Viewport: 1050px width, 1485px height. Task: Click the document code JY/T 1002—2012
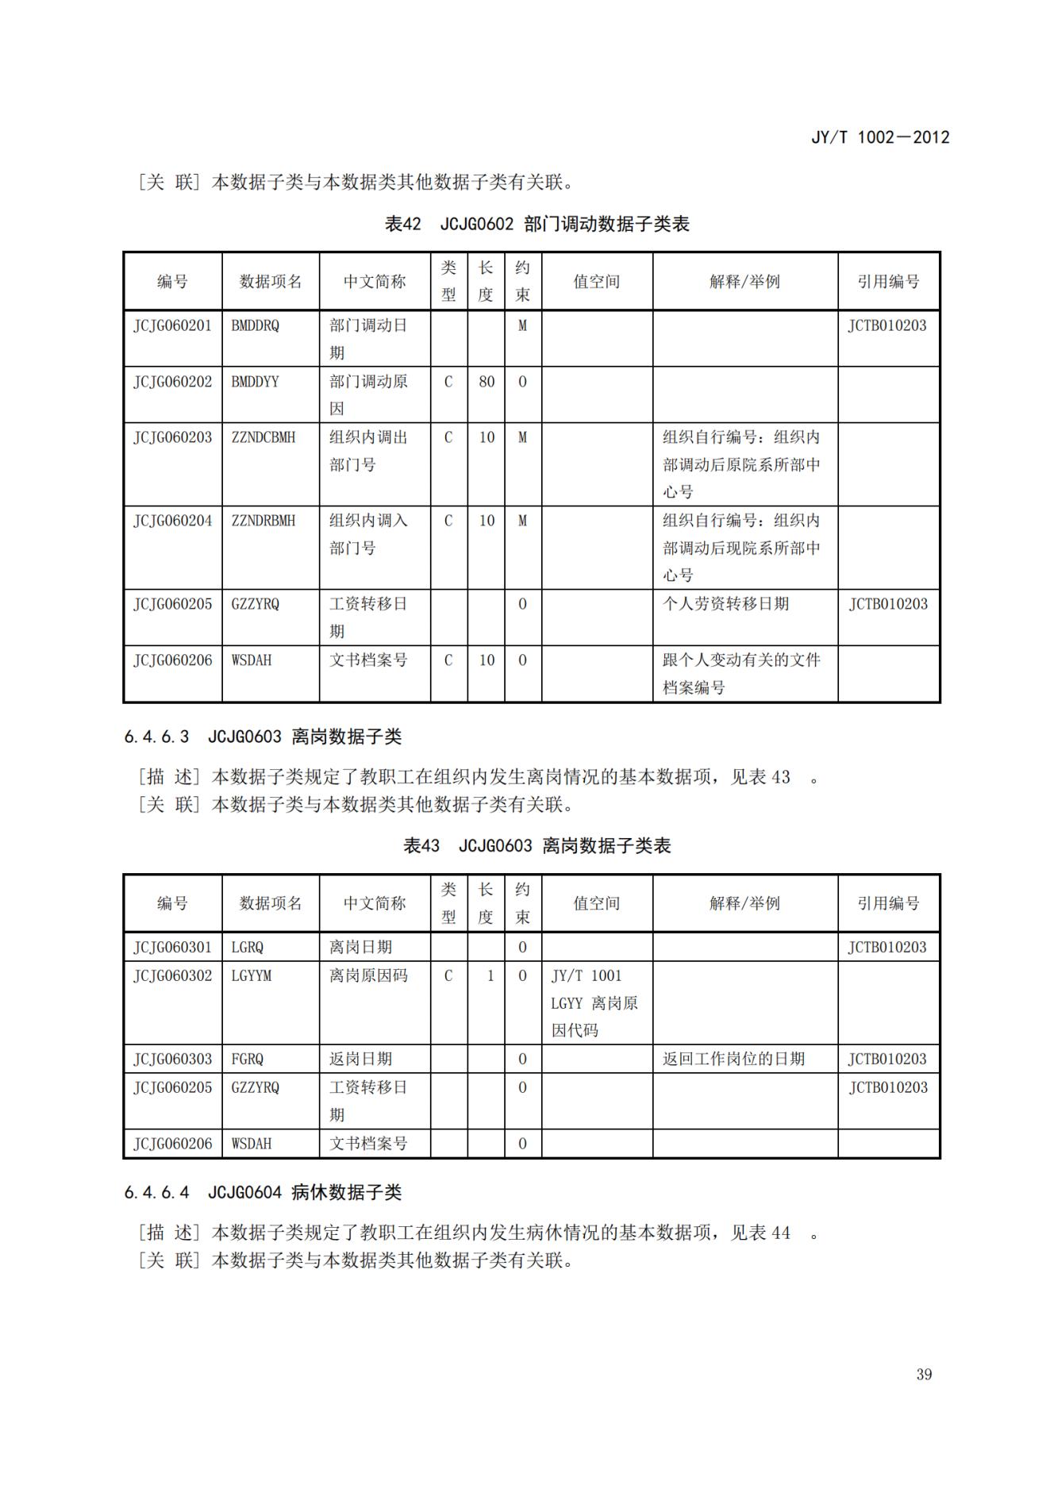click(879, 137)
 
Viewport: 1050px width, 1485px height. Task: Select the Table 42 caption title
click(537, 224)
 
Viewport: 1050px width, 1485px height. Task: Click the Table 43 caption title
click(537, 845)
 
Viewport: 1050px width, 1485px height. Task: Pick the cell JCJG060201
click(172, 325)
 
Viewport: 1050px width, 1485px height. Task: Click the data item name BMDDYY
click(255, 382)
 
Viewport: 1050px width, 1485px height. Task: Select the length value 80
click(486, 382)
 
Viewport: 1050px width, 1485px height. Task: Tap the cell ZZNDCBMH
click(263, 437)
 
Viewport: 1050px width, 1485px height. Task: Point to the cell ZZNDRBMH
click(263, 521)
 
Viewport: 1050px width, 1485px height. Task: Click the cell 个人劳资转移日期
click(725, 604)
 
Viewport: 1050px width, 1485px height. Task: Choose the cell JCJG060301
click(172, 947)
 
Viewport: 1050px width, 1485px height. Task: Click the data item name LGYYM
click(251, 975)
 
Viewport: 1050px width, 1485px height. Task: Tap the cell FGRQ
click(247, 1059)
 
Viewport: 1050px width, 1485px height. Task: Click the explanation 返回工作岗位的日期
click(733, 1059)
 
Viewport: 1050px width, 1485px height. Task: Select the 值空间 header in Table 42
click(596, 281)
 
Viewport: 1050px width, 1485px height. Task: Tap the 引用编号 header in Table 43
click(888, 903)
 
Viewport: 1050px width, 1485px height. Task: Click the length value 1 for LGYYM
click(490, 975)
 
